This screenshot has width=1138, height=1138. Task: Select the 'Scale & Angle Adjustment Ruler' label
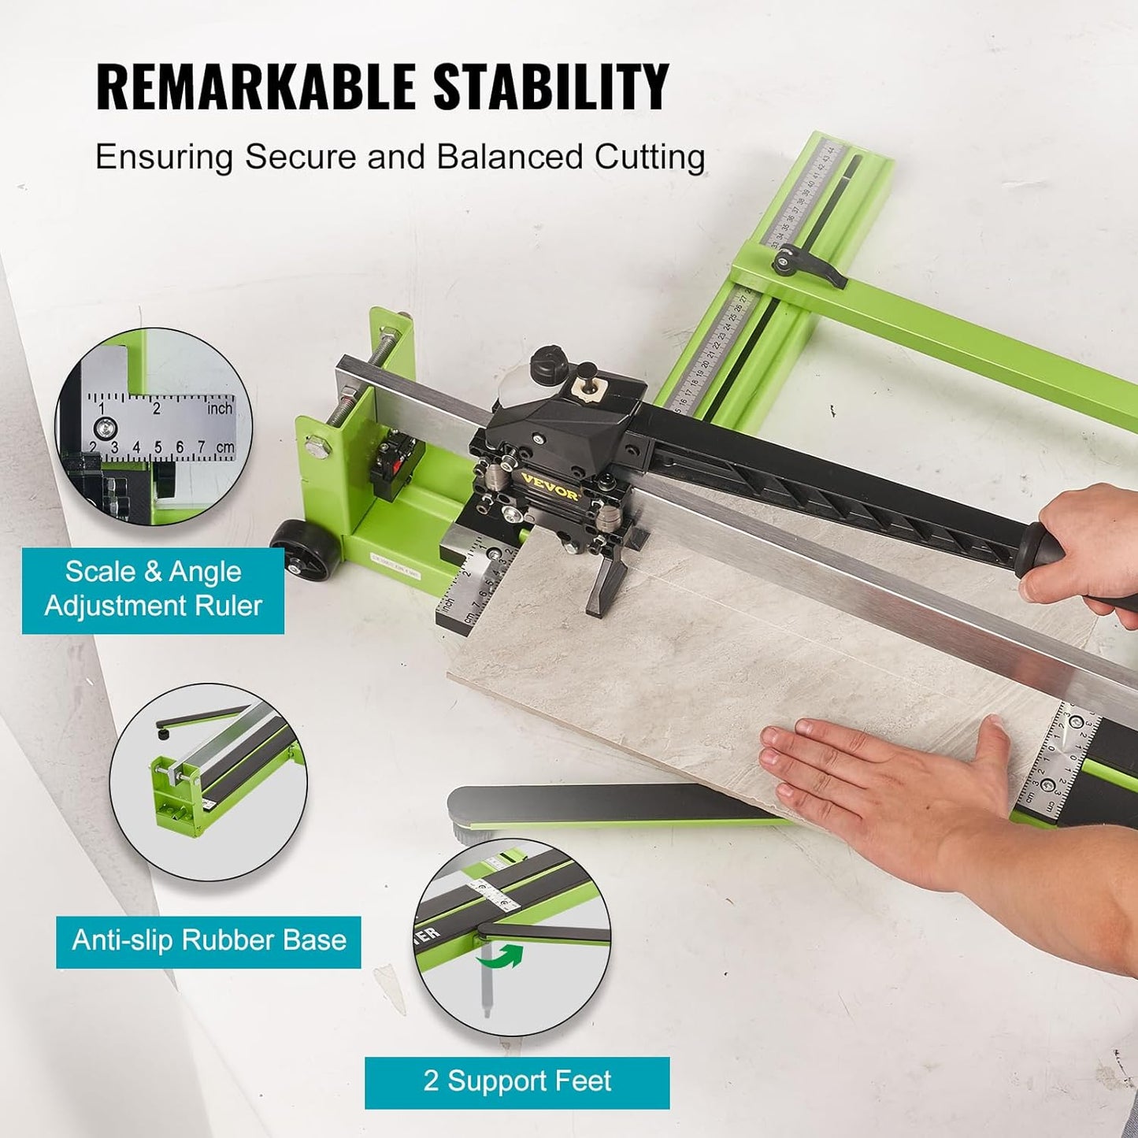click(153, 589)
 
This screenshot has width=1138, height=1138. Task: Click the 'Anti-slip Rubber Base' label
click(209, 940)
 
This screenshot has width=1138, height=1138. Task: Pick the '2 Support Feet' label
click(517, 1081)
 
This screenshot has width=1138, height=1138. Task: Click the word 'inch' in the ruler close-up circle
click(220, 408)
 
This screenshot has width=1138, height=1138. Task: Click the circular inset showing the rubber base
click(208, 781)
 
